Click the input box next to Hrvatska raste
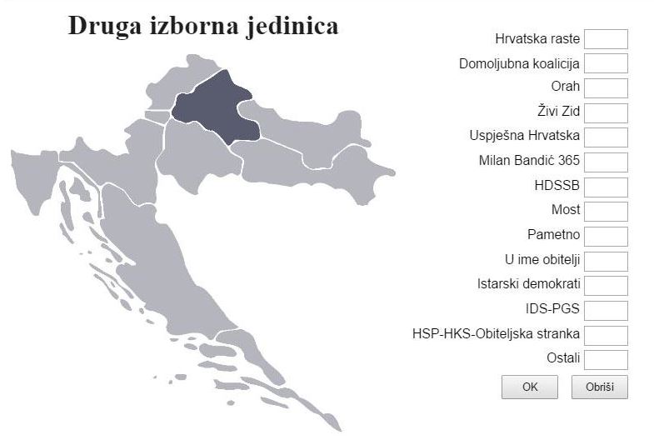click(606, 39)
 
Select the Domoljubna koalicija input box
click(606, 63)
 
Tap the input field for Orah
click(606, 88)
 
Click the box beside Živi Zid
click(606, 112)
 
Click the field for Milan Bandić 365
click(606, 162)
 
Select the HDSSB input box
click(606, 187)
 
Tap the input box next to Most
click(606, 211)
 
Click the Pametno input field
click(606, 236)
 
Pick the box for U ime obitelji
click(606, 261)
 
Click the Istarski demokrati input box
click(606, 285)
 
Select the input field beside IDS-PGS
click(606, 310)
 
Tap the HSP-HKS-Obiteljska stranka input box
click(606, 335)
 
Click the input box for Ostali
click(606, 359)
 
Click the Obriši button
click(599, 387)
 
